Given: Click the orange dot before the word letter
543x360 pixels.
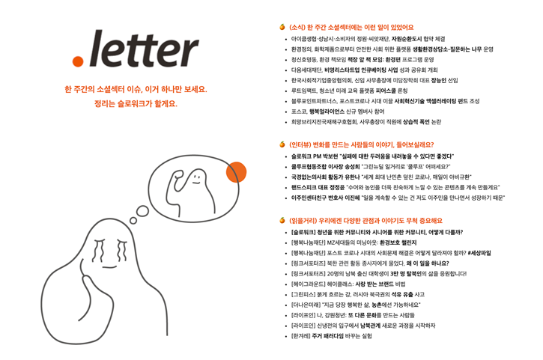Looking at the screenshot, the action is coord(78,61).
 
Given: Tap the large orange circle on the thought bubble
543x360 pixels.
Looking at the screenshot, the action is coord(236,171).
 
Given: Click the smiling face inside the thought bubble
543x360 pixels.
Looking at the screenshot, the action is coord(197,179).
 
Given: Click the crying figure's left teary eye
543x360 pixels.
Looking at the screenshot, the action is coord(98,250).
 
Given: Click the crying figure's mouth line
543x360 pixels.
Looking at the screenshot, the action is coord(110,267).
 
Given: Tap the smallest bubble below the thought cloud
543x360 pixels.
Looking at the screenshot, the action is coord(133,220).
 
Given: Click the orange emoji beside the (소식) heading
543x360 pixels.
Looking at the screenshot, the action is coord(282,27).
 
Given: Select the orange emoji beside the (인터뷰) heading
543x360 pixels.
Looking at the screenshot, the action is coord(282,144).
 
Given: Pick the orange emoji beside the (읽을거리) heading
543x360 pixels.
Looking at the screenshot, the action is coord(282,220).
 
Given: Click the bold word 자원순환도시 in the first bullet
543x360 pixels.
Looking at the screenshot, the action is coord(407,39).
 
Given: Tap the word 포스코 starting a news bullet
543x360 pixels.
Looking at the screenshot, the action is coord(299,112).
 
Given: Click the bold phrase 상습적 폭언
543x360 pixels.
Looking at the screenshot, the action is coord(416,122).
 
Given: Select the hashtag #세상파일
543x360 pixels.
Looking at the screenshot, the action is coord(479,253).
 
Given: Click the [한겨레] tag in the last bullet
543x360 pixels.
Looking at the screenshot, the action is coord(300,336).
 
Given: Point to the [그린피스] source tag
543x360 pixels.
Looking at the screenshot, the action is coord(301,295).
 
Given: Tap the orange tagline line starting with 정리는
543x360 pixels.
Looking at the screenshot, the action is coord(136,103).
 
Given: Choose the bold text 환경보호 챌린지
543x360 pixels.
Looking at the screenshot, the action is coord(398,242).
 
